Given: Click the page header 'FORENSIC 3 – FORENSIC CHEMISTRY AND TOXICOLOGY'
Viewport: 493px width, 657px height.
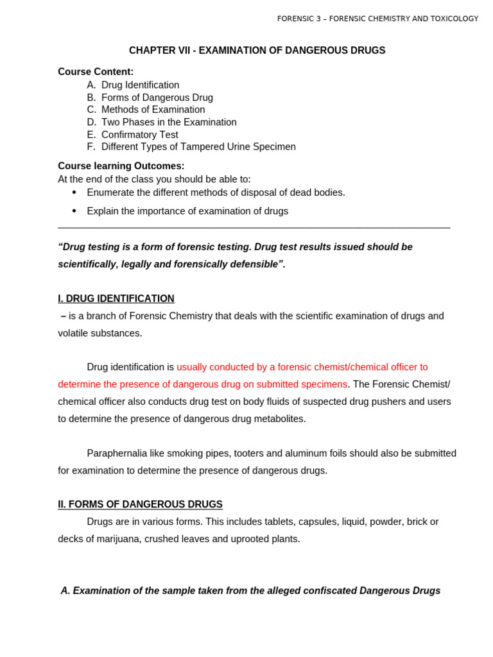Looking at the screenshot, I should point(377,19).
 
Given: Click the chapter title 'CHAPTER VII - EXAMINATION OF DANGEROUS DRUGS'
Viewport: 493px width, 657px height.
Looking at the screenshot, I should point(257,51).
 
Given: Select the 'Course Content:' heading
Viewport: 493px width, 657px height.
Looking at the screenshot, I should point(96,72).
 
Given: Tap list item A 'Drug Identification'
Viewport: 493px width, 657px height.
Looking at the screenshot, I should point(140,85).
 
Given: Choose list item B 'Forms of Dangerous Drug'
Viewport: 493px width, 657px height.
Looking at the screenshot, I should point(157,98).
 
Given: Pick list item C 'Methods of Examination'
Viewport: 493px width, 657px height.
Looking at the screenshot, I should point(153,110).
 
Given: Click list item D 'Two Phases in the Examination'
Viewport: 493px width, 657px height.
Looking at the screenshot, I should point(169,122).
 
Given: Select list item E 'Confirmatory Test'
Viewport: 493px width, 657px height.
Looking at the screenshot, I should point(139,135).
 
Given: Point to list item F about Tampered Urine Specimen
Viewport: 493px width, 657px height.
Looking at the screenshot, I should point(198,147).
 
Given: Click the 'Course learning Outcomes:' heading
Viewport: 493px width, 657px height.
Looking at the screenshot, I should point(121,166).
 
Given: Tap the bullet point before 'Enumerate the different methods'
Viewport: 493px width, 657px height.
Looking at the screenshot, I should point(74,192).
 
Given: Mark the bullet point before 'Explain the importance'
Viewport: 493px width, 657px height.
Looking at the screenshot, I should point(74,211).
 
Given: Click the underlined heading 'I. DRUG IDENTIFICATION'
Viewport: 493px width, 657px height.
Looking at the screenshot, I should point(116,299).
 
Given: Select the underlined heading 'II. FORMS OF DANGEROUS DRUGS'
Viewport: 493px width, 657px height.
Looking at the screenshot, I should point(140,505).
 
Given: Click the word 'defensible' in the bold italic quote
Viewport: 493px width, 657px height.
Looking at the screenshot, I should point(254,264).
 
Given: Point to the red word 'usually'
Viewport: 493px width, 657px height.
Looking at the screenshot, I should point(193,367).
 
